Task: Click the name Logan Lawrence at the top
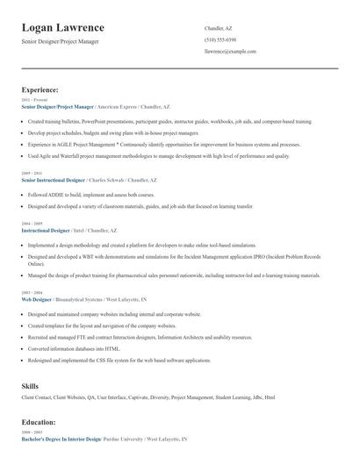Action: pos(62,28)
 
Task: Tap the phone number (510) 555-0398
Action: pos(220,39)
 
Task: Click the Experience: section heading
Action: pos(40,89)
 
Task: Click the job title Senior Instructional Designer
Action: pos(53,179)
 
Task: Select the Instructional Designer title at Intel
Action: pos(46,229)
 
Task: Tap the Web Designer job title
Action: pos(36,299)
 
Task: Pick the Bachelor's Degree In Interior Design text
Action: pos(61,438)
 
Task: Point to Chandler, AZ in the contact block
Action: pos(219,28)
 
